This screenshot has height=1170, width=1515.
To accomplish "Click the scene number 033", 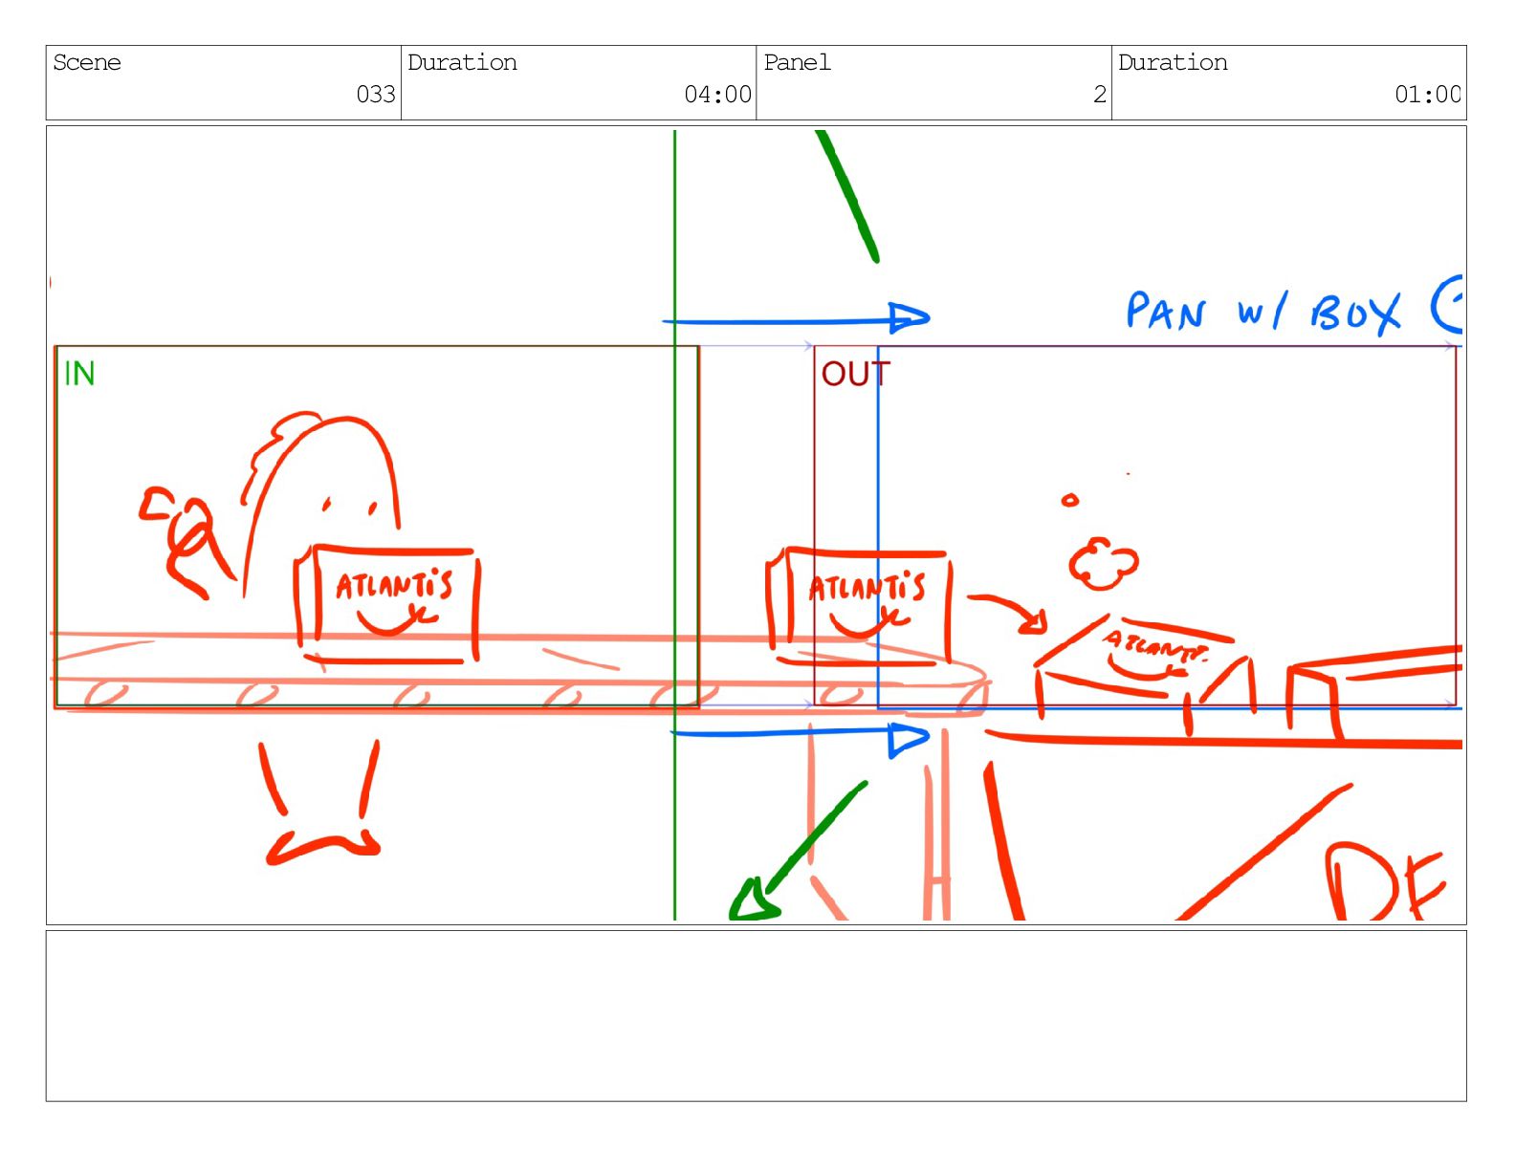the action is (376, 95).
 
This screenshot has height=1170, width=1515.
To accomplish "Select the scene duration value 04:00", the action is (717, 95).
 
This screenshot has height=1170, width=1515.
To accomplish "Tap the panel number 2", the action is (1100, 95).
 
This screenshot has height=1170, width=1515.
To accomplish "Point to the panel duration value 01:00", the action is (1427, 95).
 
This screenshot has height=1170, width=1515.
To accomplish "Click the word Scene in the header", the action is (87, 63).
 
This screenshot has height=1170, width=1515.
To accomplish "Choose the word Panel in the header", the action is (797, 63).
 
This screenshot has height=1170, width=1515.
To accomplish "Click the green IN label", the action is (79, 374).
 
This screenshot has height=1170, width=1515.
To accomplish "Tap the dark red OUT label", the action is (855, 374).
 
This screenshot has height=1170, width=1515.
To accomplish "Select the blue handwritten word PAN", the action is (1166, 312).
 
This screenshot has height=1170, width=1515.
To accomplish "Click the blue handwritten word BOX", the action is (1355, 314).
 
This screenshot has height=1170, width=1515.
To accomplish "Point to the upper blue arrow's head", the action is (909, 318).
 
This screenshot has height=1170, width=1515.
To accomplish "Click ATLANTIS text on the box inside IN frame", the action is (393, 585).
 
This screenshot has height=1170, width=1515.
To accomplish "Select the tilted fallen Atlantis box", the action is (1143, 660).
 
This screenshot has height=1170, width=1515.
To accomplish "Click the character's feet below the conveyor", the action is (322, 846).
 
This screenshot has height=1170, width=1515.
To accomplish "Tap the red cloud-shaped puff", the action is (1103, 564).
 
